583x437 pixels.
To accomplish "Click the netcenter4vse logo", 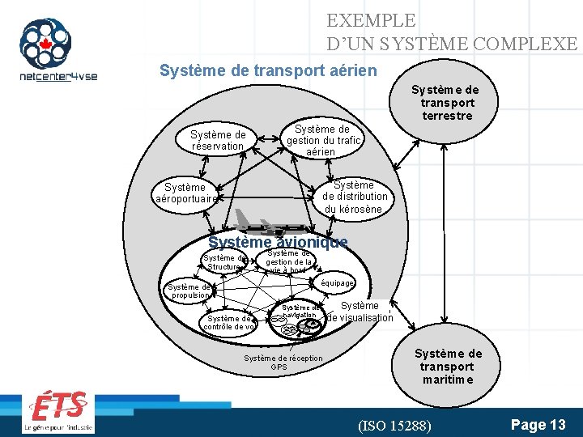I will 57,50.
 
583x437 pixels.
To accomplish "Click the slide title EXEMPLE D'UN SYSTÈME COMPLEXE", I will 452,32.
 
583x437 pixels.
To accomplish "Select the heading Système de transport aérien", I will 268,70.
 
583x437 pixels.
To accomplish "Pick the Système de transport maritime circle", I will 447,365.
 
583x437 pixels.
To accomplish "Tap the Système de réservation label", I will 218,140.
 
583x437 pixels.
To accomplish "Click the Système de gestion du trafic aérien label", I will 321,140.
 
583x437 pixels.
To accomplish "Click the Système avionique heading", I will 278,242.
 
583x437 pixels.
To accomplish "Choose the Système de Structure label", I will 223,262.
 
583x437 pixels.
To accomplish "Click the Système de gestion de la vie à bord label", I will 289,261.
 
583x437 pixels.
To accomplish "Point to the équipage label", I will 337,283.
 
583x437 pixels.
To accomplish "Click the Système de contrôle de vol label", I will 230,322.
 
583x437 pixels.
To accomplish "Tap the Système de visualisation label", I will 359,312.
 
